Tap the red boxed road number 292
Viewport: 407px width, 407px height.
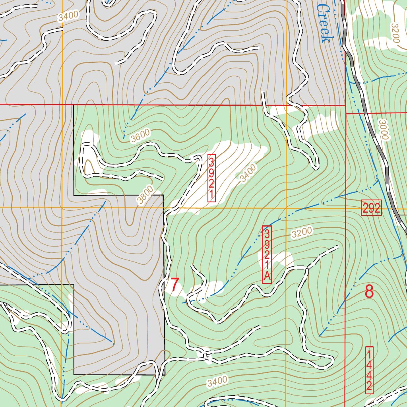pyautogui.click(x=371, y=208)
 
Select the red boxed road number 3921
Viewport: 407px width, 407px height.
pyautogui.click(x=211, y=178)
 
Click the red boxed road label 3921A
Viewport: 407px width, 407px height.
pyautogui.click(x=267, y=254)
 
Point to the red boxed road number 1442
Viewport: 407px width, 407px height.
pyautogui.click(x=369, y=370)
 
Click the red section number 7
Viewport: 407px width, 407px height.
pyautogui.click(x=174, y=285)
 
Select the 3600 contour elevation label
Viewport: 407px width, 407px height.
pyautogui.click(x=141, y=135)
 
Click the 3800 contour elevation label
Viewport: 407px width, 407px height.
pyautogui.click(x=145, y=196)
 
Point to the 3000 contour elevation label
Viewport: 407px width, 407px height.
pyautogui.click(x=382, y=130)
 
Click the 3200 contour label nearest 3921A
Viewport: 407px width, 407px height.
pyautogui.click(x=302, y=233)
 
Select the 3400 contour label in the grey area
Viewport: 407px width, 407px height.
pyautogui.click(x=68, y=16)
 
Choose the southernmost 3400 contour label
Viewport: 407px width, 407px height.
pyautogui.click(x=217, y=382)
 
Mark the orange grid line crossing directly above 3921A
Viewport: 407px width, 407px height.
pyautogui.click(x=286, y=208)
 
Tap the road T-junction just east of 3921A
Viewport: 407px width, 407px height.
pyautogui.click(x=306, y=269)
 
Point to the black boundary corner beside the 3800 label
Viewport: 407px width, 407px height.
pyautogui.click(x=163, y=195)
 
